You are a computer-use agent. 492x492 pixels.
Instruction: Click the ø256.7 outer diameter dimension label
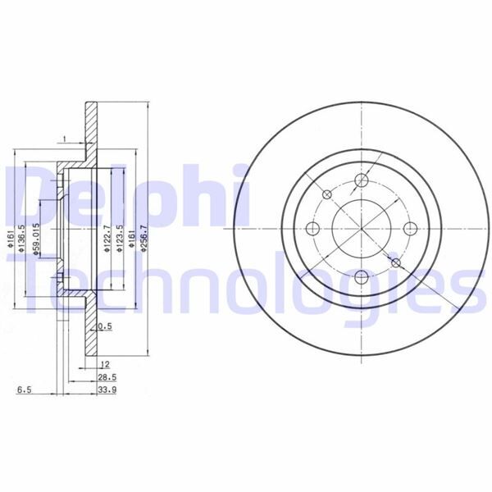pyautogui.click(x=143, y=235)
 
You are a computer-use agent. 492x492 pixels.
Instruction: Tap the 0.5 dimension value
pyautogui.click(x=104, y=326)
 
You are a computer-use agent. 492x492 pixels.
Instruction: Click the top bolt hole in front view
pyautogui.click(x=362, y=181)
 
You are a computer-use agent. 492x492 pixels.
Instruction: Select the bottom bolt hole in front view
pyautogui.click(x=362, y=276)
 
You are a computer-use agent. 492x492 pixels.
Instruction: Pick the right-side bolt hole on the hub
pyautogui.click(x=409, y=229)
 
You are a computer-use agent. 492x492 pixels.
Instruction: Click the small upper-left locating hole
pyautogui.click(x=327, y=194)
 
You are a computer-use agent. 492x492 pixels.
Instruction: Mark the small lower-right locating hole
pyautogui.click(x=396, y=262)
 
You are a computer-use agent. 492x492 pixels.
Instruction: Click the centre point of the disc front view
pyautogui.click(x=362, y=229)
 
